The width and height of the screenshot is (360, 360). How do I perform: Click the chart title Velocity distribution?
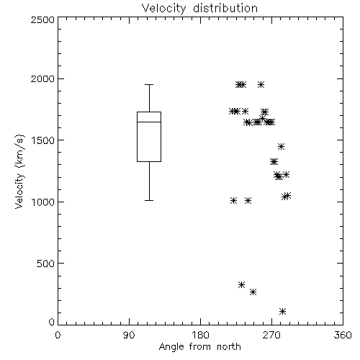tap(199, 8)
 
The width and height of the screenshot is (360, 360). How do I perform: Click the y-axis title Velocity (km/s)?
tap(19, 171)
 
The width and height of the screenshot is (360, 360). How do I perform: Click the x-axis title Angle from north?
tap(199, 347)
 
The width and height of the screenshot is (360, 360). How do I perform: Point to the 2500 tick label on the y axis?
tap(42, 19)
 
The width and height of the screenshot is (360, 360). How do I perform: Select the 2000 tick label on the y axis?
tap(42, 78)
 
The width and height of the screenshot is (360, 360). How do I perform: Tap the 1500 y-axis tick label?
tap(43, 140)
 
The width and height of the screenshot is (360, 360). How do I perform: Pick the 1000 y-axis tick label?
tap(43, 202)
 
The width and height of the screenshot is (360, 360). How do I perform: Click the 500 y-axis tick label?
tap(46, 264)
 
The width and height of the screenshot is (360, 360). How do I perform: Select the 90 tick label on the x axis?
tap(129, 335)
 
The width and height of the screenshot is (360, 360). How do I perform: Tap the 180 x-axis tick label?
tap(200, 335)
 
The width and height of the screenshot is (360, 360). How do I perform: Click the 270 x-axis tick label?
tap(271, 335)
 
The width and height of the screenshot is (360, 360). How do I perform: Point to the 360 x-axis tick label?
tap(343, 335)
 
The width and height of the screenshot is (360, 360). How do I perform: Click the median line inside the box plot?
tap(149, 122)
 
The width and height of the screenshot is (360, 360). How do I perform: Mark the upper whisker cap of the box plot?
tap(149, 84)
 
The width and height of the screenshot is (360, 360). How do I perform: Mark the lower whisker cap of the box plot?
tap(149, 200)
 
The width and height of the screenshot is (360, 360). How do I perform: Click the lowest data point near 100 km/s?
tap(283, 312)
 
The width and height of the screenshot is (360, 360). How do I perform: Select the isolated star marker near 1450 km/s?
tap(282, 146)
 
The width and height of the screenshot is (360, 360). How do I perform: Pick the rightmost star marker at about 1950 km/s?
tap(261, 85)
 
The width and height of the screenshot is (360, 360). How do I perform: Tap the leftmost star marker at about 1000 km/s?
tap(233, 201)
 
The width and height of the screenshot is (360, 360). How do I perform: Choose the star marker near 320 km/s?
tap(241, 285)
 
